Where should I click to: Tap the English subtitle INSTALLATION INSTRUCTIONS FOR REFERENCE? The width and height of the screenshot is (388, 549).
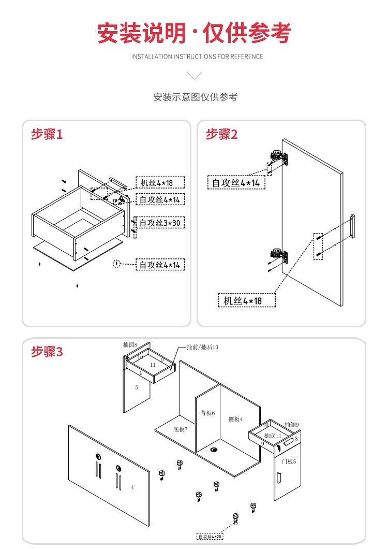coord(197,56)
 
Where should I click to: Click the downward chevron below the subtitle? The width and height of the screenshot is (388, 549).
coord(195,76)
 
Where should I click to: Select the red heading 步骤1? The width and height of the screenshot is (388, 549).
coord(47,134)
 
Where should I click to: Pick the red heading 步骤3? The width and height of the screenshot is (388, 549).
coord(47,352)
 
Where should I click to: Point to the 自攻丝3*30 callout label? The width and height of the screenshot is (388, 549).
coord(160,223)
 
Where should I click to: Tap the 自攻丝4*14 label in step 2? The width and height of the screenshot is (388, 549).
coord(236,182)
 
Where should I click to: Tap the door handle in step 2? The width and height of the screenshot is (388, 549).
coord(352,226)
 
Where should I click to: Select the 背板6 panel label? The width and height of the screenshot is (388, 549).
coord(207,413)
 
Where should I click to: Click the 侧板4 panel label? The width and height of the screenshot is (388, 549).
coord(235,419)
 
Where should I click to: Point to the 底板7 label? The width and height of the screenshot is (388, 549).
coord(180,429)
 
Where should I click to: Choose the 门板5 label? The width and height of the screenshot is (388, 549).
coord(289,461)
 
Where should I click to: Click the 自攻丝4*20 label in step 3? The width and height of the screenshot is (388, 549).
coord(210,537)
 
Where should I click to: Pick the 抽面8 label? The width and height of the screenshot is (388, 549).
coord(130,344)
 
